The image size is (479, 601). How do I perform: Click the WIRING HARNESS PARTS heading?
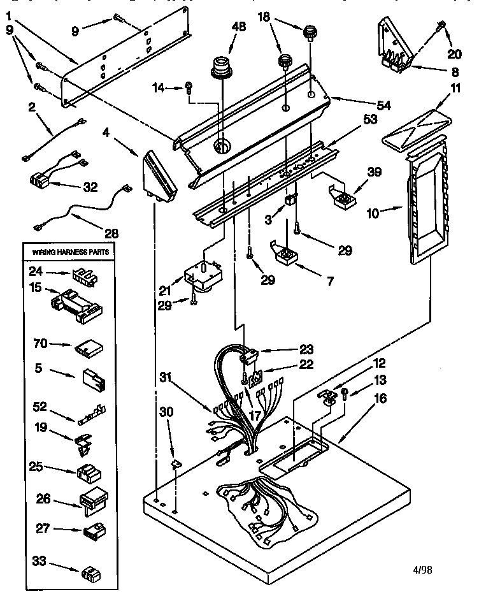(71, 252)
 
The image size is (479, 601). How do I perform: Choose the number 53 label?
(371, 119)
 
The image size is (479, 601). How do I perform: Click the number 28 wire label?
(111, 233)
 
